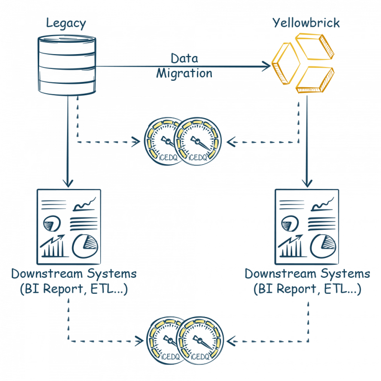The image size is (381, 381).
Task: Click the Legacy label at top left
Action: (x=66, y=23)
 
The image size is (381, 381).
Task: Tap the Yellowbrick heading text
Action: (x=306, y=23)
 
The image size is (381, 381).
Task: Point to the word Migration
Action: (x=184, y=73)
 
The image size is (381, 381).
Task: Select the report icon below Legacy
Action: (x=68, y=226)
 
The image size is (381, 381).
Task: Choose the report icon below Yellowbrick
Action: (x=306, y=226)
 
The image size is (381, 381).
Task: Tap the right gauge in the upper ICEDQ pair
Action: (x=199, y=141)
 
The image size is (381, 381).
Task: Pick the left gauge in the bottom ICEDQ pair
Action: (x=166, y=340)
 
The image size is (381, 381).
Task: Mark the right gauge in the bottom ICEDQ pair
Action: (x=200, y=340)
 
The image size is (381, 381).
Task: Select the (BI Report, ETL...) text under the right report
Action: (x=307, y=289)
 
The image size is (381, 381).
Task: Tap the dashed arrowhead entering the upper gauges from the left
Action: (x=137, y=143)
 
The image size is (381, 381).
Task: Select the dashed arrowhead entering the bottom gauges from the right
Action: (x=231, y=341)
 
